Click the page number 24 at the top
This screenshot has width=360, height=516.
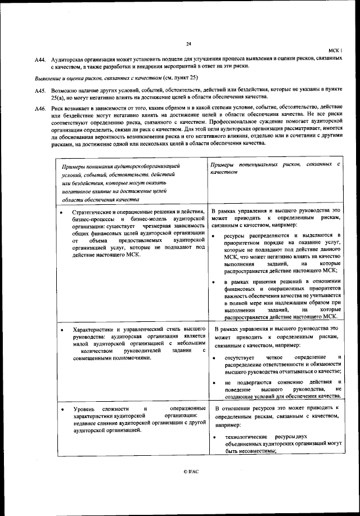point(188,44)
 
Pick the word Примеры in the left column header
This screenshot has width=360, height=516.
point(75,167)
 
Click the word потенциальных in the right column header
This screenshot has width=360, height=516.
point(258,164)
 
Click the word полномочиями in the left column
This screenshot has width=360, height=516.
point(129,357)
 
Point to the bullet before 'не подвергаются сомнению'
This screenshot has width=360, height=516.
point(214,382)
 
